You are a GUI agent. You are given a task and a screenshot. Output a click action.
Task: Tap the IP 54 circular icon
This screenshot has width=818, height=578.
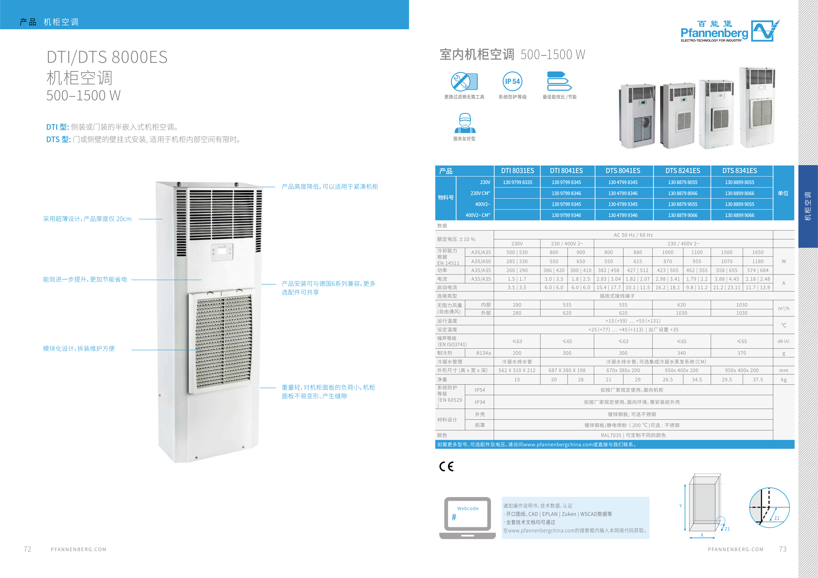click(x=512, y=81)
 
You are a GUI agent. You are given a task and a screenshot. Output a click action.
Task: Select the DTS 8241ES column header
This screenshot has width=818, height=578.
click(x=682, y=171)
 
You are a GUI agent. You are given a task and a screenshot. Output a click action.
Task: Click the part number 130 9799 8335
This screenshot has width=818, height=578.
click(x=517, y=182)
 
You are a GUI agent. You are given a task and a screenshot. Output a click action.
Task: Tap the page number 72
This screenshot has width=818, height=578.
click(x=27, y=549)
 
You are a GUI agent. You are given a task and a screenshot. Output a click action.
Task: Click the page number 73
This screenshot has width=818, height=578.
click(x=783, y=549)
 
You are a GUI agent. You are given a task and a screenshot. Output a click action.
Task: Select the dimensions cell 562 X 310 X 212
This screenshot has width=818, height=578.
click(x=517, y=370)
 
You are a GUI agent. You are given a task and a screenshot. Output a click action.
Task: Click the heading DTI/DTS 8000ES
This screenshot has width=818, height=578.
click(x=107, y=57)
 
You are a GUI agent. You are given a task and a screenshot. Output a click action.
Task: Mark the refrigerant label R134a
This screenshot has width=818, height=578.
click(x=483, y=353)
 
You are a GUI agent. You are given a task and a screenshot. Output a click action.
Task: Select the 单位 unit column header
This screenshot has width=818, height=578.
click(x=783, y=193)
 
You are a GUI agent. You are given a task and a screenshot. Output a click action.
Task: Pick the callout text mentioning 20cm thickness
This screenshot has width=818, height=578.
click(x=87, y=219)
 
